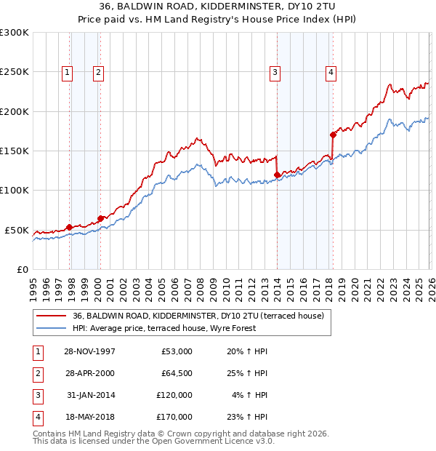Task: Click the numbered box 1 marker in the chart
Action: pyautogui.click(x=67, y=71)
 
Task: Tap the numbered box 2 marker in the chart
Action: pyautogui.click(x=97, y=71)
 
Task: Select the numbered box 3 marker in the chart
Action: pyautogui.click(x=275, y=71)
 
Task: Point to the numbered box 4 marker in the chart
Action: pyautogui.click(x=331, y=71)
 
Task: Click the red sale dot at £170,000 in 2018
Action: pyautogui.click(x=333, y=135)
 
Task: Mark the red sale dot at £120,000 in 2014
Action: pyautogui.click(x=278, y=175)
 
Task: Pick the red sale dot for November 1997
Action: pyautogui.click(x=70, y=227)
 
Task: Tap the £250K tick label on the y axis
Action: pyautogui.click(x=15, y=72)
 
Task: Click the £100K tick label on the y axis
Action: pyautogui.click(x=15, y=190)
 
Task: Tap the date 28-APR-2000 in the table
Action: pyautogui.click(x=89, y=373)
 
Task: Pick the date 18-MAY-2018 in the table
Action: pyautogui.click(x=89, y=417)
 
